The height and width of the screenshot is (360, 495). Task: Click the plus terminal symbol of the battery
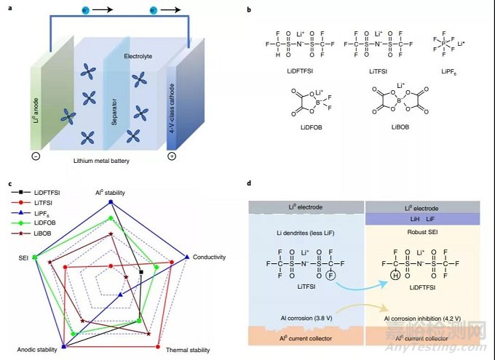[172, 156]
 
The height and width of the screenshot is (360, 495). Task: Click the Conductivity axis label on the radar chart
[210, 257]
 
